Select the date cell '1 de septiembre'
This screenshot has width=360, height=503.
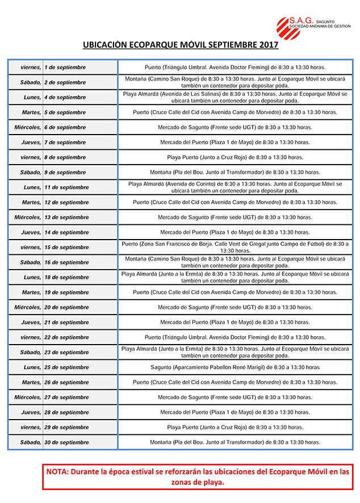[x=65, y=68]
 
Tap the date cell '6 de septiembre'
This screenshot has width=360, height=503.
[x=65, y=128]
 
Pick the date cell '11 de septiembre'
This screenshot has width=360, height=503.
[x=66, y=187]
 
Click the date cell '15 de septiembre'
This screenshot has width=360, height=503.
[x=66, y=248]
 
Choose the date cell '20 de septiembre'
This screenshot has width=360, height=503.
[x=66, y=308]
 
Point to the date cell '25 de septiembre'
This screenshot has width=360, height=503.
[x=66, y=367]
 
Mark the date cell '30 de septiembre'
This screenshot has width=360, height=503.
[x=66, y=442]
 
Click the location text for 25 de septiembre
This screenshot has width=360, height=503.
[x=235, y=367]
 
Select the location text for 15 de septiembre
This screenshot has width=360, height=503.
[x=235, y=247]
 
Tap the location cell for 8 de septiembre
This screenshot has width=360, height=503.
[x=235, y=157]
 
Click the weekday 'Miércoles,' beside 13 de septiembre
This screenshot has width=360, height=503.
[x=28, y=217]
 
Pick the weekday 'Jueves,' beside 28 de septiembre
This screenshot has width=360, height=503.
[x=31, y=413]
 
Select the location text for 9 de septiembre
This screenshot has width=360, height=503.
[x=235, y=172]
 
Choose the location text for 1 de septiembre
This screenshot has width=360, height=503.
[x=235, y=68]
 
